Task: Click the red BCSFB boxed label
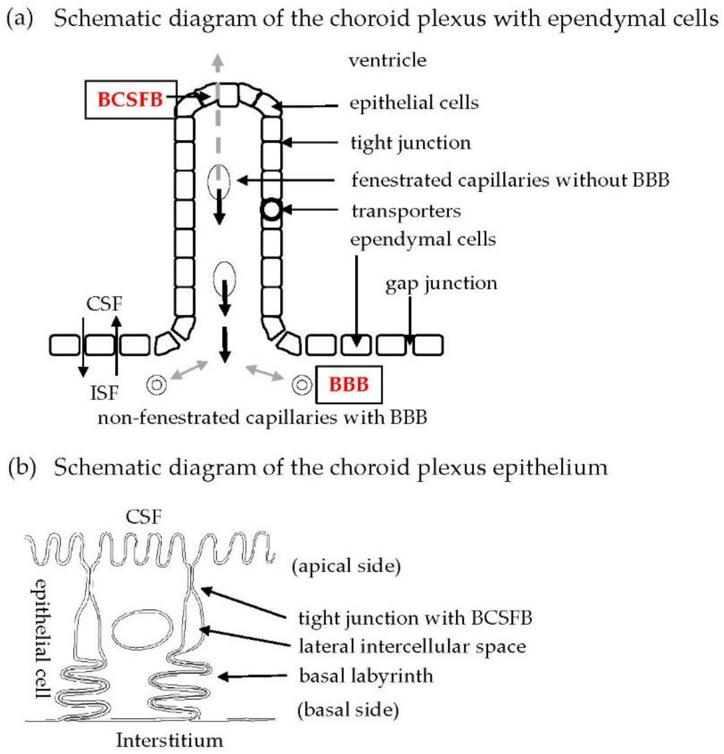pyautogui.click(x=130, y=100)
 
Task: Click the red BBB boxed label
pyautogui.click(x=348, y=384)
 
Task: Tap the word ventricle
pyautogui.click(x=387, y=60)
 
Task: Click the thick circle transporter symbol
pyautogui.click(x=271, y=210)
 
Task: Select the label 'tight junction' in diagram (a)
pyautogui.click(x=410, y=143)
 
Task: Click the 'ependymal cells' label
pyautogui.click(x=423, y=239)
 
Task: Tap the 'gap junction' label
pyautogui.click(x=441, y=283)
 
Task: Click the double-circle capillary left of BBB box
pyautogui.click(x=302, y=385)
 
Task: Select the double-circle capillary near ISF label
pyautogui.click(x=157, y=385)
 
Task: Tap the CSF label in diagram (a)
pyautogui.click(x=104, y=304)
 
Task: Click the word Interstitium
pyautogui.click(x=170, y=740)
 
